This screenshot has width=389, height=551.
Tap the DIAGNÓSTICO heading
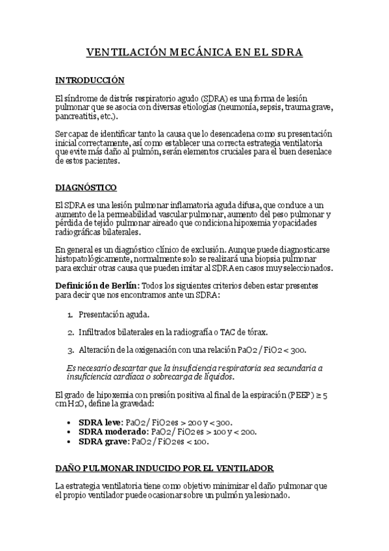pos(86,188)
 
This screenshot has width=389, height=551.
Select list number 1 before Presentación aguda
pos(70,314)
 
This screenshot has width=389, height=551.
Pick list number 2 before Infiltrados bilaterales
pos(70,332)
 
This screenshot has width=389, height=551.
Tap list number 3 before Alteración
pos(70,350)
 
